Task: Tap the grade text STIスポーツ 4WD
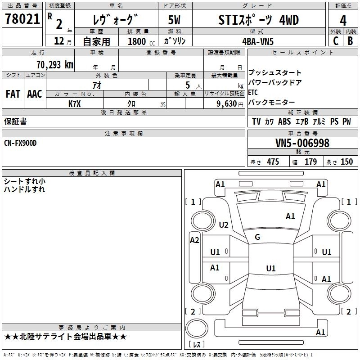click(x=258, y=20)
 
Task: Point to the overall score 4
click(x=343, y=21)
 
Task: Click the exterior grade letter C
click(x=335, y=41)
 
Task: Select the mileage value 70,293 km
click(x=54, y=64)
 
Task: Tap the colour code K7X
click(x=75, y=103)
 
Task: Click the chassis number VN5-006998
click(x=302, y=143)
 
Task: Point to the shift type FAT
click(x=13, y=94)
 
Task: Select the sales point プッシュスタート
click(x=275, y=73)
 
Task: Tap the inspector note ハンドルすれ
click(x=24, y=189)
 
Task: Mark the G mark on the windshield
click(x=257, y=237)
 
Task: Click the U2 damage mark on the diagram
click(x=224, y=225)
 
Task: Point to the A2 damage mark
click(x=194, y=240)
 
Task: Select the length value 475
click(x=273, y=162)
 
